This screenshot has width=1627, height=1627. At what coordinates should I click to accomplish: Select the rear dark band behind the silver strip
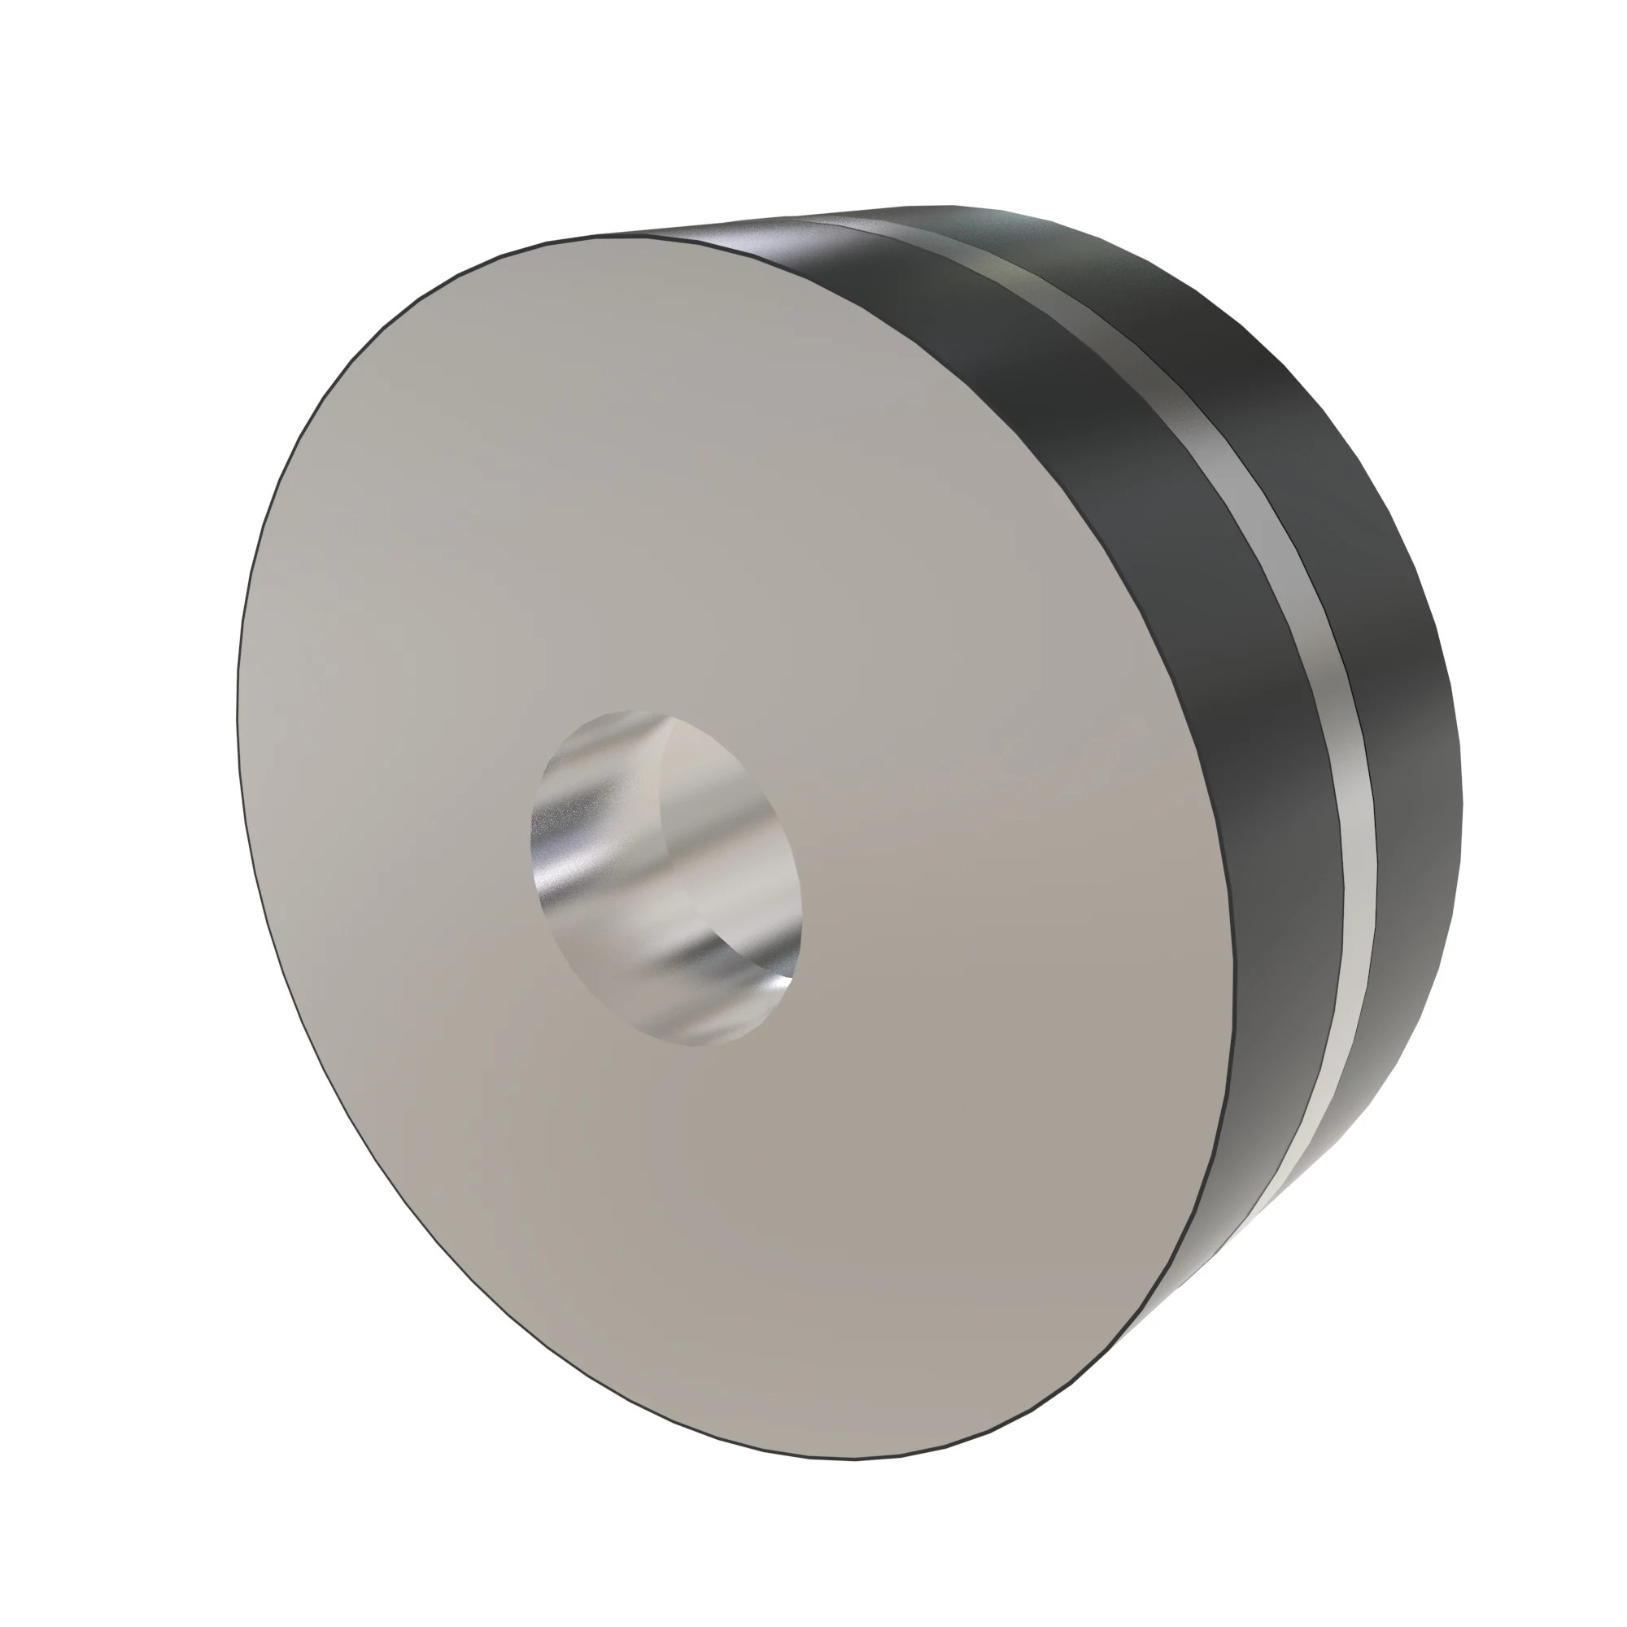[1398, 674]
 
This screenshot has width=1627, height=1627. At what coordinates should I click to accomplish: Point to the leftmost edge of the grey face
[238, 716]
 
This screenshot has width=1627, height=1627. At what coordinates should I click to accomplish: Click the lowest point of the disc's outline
[851, 1459]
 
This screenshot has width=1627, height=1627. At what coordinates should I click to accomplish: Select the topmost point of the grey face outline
[615, 237]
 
